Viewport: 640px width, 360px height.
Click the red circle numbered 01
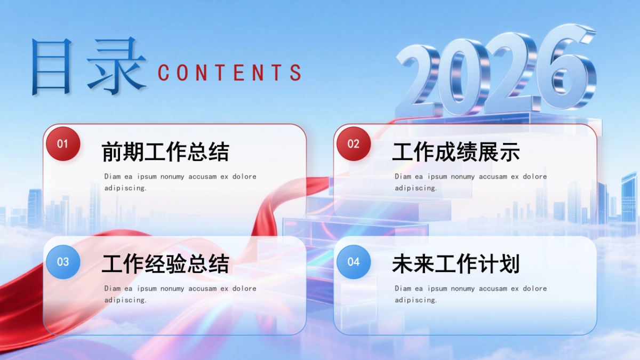[x=63, y=143]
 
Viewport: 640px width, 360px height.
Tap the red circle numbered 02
[x=354, y=143]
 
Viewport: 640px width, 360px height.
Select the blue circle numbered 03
[x=63, y=262]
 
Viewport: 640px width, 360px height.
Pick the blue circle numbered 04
[x=354, y=262]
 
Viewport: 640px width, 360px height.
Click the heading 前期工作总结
[x=165, y=152]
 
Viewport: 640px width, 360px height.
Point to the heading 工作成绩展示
[x=456, y=152]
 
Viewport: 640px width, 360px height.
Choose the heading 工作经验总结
[x=165, y=264]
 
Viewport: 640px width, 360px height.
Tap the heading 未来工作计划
[x=456, y=264]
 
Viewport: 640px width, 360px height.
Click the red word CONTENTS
[x=230, y=73]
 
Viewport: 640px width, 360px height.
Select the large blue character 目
[x=52, y=67]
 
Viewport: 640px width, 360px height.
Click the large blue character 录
[x=116, y=67]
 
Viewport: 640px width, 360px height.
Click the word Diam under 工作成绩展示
[x=403, y=177]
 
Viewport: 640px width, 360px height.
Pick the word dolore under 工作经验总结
[x=244, y=289]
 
